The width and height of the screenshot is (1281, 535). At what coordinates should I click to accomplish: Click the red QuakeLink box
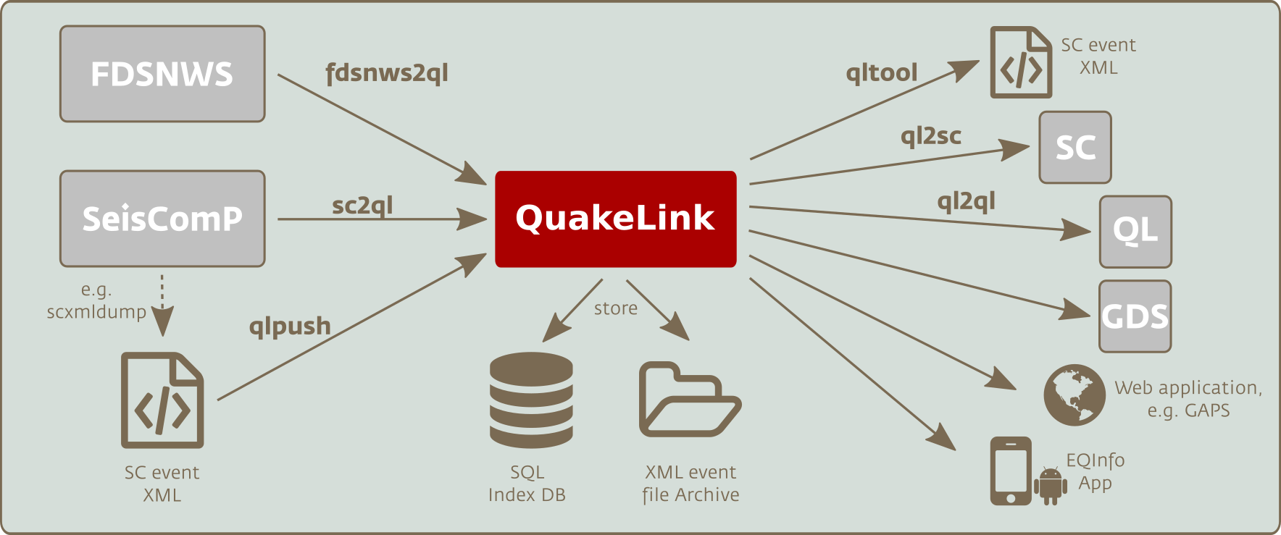616,219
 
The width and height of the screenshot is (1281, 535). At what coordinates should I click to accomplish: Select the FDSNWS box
162,74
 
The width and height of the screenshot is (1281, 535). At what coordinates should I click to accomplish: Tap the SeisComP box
162,219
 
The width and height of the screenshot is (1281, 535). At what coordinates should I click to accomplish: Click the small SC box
1075,147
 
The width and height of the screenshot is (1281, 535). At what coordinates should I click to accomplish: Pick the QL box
1135,232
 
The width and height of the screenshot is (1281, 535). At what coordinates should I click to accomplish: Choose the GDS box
1135,316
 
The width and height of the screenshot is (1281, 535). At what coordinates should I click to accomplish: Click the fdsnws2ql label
387,74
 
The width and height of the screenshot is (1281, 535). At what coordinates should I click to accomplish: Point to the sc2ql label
362,206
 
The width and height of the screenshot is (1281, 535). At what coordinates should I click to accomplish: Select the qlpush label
290,327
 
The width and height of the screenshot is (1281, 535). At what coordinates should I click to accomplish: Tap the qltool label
882,72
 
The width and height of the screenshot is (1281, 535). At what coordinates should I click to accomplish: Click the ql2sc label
931,136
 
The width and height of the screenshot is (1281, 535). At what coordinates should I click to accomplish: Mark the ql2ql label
967,201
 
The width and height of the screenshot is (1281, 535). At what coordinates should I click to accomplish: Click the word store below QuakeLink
616,308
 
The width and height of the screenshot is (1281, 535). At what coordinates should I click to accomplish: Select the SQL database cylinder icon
531,400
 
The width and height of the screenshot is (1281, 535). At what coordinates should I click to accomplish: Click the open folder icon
690,400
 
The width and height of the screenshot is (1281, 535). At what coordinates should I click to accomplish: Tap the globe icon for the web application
1075,395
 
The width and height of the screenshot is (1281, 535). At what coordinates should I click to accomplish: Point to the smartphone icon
1011,471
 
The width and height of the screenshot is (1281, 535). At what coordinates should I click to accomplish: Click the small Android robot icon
1051,485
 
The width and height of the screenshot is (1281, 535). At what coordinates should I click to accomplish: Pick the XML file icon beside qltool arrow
1021,62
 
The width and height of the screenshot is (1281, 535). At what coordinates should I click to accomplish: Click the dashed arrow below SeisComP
162,305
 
